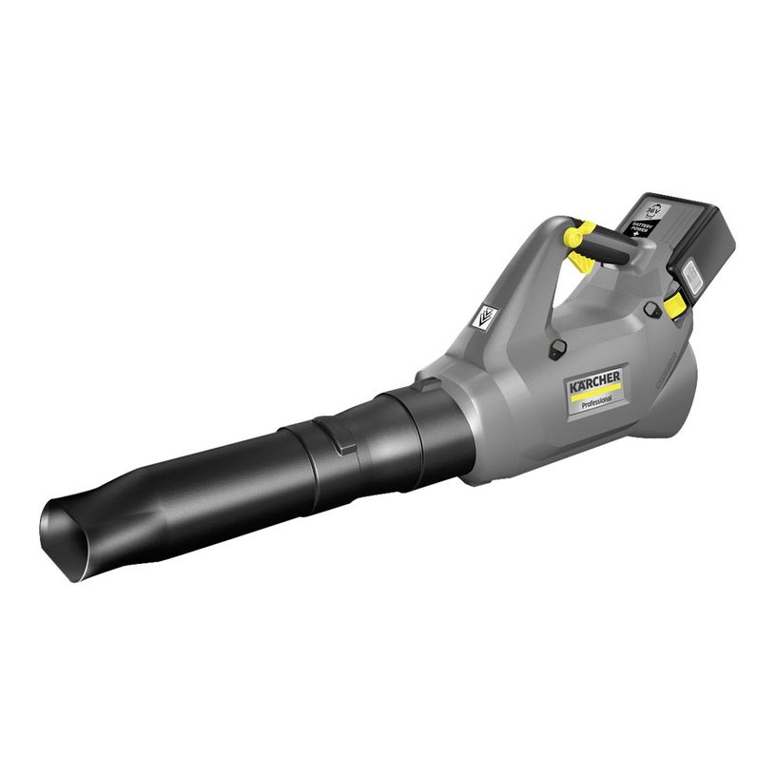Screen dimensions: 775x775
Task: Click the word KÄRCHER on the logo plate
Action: coord(595,381)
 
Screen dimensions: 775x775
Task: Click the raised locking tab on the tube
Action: coord(329,436)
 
